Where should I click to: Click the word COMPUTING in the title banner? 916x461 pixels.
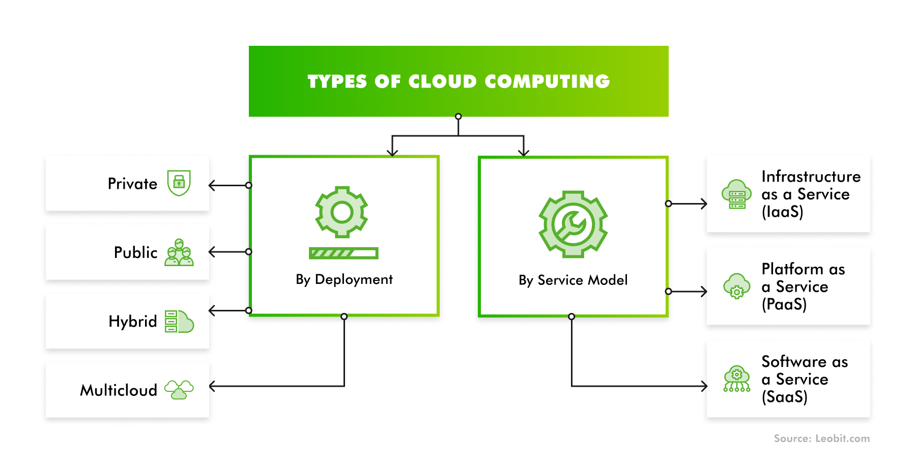click(547, 81)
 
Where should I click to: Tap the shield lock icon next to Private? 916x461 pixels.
click(179, 183)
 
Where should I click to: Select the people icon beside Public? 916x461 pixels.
click(179, 252)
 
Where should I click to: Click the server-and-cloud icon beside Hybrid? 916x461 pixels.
click(179, 322)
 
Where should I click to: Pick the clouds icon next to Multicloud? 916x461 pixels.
click(179, 390)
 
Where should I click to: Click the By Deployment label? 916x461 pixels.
click(344, 279)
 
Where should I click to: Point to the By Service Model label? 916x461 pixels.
click(573, 280)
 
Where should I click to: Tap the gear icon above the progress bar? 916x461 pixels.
click(341, 212)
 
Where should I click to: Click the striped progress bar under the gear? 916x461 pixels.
click(343, 253)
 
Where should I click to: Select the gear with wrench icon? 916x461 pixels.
click(573, 224)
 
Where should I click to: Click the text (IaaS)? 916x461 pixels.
click(782, 212)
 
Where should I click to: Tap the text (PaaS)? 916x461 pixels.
click(784, 304)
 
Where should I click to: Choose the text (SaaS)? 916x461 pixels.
click(784, 397)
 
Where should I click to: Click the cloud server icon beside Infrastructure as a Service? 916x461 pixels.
click(736, 194)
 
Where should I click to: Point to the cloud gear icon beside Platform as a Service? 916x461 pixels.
click(736, 286)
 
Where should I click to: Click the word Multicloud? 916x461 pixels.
click(119, 390)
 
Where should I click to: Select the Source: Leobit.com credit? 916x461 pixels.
click(821, 439)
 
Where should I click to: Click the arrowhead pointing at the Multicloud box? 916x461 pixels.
click(212, 386)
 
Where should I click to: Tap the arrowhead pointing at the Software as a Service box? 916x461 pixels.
click(704, 386)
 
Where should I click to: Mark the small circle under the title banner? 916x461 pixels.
click(459, 117)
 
